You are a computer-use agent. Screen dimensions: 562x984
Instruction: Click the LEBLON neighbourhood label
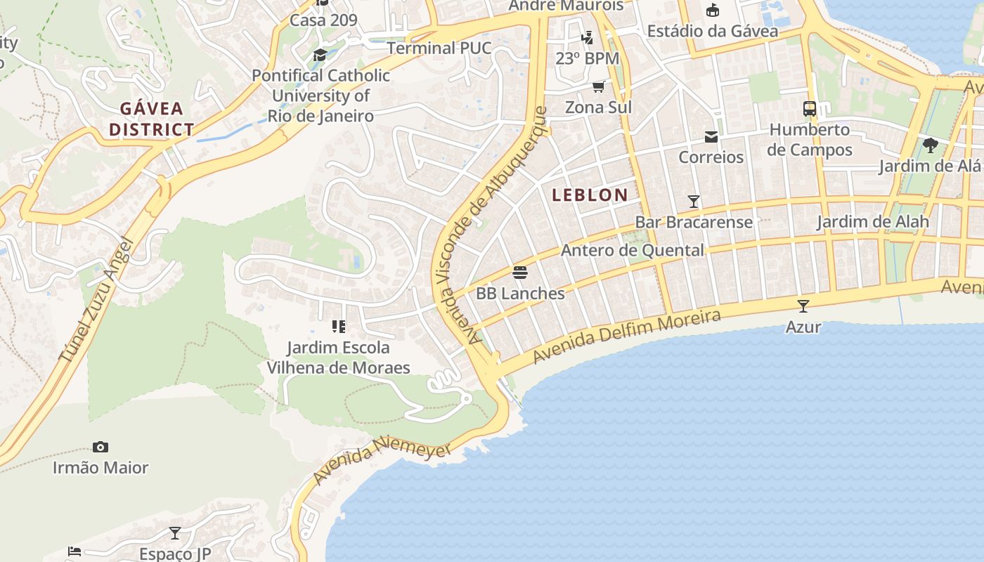590,195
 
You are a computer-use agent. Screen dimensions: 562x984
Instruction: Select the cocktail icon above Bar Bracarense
694,202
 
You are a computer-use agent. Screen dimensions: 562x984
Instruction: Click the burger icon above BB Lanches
520,272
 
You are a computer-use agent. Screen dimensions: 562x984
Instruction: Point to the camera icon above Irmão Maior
101,447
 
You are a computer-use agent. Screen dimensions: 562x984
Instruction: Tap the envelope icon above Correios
711,136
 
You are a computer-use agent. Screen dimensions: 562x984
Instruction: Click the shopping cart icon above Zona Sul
598,86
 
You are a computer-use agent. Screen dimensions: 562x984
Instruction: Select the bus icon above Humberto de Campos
810,109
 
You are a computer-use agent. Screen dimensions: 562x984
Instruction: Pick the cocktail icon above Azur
803,306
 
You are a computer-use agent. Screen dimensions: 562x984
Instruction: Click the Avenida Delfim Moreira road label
626,336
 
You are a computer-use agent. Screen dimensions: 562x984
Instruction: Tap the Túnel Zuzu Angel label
96,301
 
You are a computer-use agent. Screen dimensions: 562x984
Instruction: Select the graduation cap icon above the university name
321,55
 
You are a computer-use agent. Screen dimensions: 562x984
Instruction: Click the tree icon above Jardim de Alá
931,145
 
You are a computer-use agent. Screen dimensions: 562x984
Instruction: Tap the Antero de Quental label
632,250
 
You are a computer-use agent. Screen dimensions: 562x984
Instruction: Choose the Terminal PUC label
439,48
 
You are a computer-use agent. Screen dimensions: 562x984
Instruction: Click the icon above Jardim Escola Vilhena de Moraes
338,327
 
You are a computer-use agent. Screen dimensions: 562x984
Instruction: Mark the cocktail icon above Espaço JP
175,533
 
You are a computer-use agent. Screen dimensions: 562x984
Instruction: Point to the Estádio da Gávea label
712,31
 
